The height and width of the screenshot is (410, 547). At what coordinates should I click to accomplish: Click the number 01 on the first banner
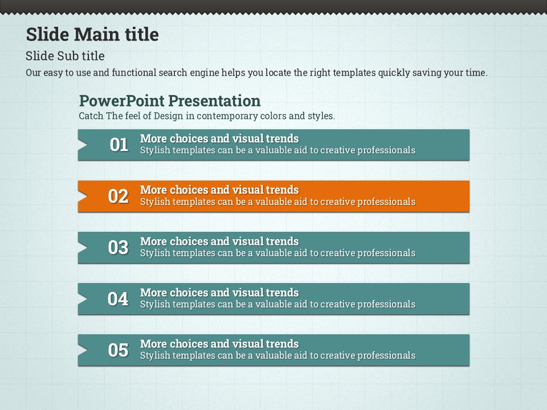(119, 145)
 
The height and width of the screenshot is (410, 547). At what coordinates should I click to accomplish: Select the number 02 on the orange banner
(119, 196)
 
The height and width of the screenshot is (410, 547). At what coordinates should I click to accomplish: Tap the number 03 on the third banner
(119, 248)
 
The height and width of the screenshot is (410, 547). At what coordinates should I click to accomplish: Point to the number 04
(118, 299)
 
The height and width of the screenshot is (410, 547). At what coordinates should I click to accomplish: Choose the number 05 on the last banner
(119, 350)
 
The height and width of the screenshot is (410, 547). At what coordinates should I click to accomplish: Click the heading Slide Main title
(92, 35)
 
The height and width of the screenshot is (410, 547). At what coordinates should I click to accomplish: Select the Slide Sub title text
(65, 56)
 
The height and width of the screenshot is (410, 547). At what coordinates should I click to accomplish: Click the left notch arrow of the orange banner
(83, 196)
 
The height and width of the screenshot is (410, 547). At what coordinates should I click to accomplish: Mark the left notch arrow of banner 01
(83, 145)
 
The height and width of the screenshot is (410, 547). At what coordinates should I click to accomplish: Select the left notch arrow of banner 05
(83, 350)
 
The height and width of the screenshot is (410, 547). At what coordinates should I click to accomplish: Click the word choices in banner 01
(189, 139)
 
